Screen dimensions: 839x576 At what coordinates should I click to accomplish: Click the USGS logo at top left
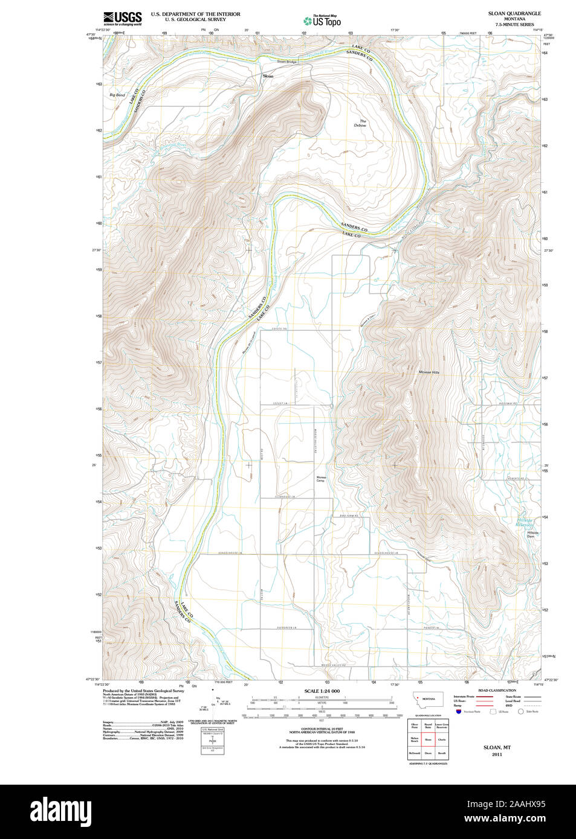[x=123, y=18]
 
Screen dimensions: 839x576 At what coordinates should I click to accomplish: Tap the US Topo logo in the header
[x=322, y=21]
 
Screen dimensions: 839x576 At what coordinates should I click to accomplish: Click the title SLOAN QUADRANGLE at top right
[x=514, y=13]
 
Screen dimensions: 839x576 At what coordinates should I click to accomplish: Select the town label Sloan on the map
[x=268, y=77]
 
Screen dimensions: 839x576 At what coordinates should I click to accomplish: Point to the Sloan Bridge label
[x=286, y=62]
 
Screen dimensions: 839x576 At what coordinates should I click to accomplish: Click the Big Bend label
[x=117, y=95]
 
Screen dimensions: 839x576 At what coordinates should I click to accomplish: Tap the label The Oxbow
[x=361, y=123]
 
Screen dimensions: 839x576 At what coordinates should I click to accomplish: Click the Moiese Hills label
[x=429, y=372]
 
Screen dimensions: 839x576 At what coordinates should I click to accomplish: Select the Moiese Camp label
[x=321, y=479]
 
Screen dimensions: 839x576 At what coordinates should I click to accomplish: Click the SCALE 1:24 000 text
[x=322, y=691]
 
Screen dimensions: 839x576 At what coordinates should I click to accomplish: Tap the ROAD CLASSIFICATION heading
[x=497, y=690]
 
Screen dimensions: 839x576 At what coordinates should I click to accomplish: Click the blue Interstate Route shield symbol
[x=459, y=712]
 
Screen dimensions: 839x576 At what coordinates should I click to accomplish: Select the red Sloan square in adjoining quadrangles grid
[x=428, y=739]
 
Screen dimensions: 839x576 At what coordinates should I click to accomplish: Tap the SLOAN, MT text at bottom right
[x=497, y=747]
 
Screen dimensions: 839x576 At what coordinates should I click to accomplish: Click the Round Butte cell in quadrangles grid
[x=428, y=726]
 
